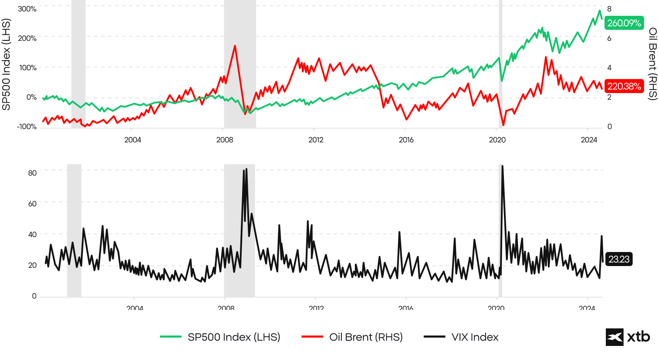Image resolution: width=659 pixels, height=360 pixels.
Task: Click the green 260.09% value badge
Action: (x=624, y=23)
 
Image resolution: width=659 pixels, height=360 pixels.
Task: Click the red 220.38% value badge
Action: (x=624, y=86)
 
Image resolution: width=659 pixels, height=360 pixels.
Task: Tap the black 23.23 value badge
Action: (x=619, y=259)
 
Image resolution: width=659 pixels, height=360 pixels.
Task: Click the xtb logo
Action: (x=628, y=337)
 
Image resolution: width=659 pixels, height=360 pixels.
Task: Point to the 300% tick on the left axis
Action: (x=27, y=9)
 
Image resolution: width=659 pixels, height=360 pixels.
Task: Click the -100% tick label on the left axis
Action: (x=26, y=127)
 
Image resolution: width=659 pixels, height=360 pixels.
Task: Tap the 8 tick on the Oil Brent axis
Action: (x=609, y=9)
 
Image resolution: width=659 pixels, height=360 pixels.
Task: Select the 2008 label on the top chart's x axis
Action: (x=224, y=140)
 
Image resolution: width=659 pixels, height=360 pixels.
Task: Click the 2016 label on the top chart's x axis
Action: (x=406, y=140)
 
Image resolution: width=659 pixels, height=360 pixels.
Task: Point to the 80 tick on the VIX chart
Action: (x=32, y=173)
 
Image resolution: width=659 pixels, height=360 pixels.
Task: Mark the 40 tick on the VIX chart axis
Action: (x=32, y=234)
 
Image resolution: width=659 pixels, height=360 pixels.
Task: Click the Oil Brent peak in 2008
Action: (x=235, y=46)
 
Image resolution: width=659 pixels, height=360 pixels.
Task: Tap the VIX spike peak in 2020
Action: (x=502, y=166)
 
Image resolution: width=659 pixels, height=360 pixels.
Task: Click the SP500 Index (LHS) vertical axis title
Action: (x=6, y=65)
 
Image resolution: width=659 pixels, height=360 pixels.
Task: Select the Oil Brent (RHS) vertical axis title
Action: (x=652, y=64)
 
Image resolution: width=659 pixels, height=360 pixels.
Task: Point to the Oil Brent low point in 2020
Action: (x=503, y=126)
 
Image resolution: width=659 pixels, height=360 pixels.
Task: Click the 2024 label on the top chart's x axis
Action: (x=589, y=140)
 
